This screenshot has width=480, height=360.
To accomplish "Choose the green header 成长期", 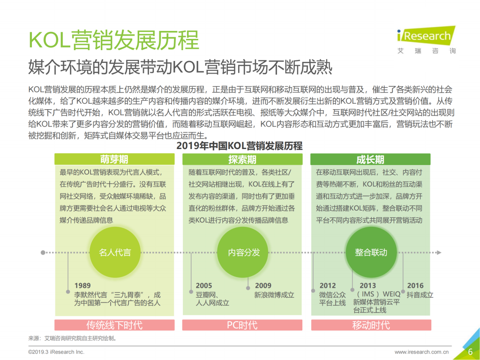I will (370, 159).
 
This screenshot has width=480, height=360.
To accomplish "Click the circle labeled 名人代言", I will (114, 252).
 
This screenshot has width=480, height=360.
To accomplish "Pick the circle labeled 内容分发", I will (243, 252).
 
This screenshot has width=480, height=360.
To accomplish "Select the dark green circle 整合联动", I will (371, 252).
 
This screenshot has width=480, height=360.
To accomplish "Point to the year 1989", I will (82, 285).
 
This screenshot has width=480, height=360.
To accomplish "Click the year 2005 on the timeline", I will (204, 285).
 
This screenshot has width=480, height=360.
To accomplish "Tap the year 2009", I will (263, 285).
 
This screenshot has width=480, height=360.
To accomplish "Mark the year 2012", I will (328, 285).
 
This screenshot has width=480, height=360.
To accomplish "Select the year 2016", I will (415, 285).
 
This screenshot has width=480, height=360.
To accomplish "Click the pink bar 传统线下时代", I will (114, 325).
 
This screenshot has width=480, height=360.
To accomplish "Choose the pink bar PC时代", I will (242, 325).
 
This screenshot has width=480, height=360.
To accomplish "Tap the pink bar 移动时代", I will (370, 325).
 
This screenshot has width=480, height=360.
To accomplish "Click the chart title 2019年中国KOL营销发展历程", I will (240, 146).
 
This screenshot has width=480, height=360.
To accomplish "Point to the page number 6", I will (470, 352).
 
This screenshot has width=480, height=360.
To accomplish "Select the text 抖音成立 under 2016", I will (420, 295).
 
